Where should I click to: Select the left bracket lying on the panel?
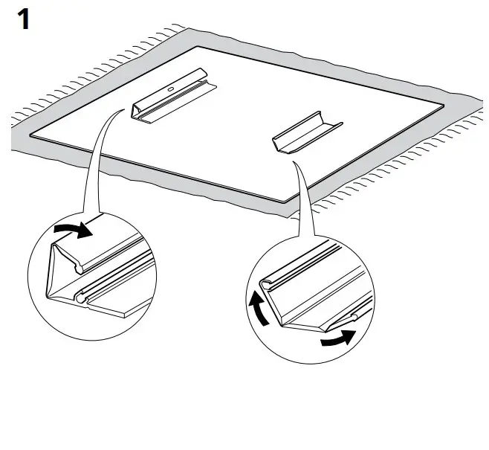click(x=171, y=95)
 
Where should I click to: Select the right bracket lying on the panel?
click(x=305, y=132)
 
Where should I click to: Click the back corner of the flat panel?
click(x=198, y=47)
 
